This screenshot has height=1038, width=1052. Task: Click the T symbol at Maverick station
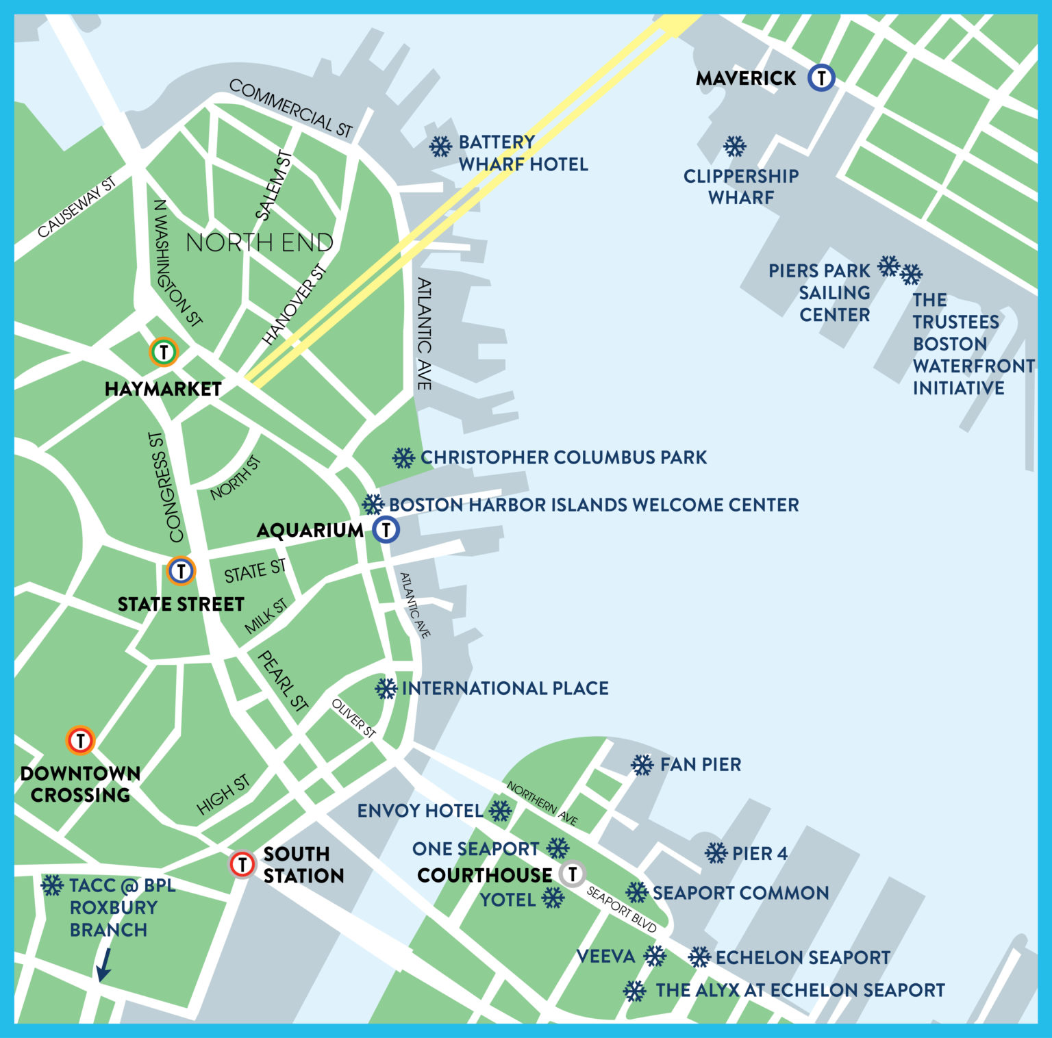click(821, 77)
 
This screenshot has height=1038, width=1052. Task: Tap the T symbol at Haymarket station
click(164, 352)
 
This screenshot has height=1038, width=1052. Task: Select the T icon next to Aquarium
click(386, 529)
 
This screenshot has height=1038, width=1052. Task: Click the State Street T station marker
click(181, 570)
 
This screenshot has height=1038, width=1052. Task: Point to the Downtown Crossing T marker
click(80, 740)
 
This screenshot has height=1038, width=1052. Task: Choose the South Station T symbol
click(242, 864)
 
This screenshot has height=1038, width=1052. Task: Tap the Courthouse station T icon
click(572, 874)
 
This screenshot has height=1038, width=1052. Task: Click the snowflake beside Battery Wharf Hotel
click(440, 146)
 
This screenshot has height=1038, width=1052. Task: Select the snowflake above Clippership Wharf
click(734, 146)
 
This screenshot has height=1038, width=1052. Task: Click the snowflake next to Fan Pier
click(642, 765)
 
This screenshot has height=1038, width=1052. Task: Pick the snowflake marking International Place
click(386, 688)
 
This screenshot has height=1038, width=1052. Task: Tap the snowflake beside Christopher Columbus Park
click(403, 457)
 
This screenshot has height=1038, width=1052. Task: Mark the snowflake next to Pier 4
click(716, 853)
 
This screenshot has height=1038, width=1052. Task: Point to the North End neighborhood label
click(260, 242)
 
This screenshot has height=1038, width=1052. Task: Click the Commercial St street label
click(290, 107)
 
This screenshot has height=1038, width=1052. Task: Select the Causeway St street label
click(76, 207)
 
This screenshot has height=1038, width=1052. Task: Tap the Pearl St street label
click(282, 681)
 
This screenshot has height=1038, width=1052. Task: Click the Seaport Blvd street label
click(621, 910)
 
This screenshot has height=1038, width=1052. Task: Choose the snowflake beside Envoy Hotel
click(500, 811)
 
